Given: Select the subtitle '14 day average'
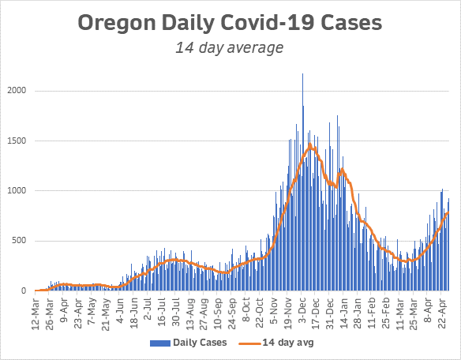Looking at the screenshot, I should (230, 48).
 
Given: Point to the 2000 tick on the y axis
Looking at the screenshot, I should (18, 91).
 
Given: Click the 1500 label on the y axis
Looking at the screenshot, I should (18, 141).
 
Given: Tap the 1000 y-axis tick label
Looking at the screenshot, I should (18, 190).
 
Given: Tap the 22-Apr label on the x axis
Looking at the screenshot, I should (444, 310).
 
